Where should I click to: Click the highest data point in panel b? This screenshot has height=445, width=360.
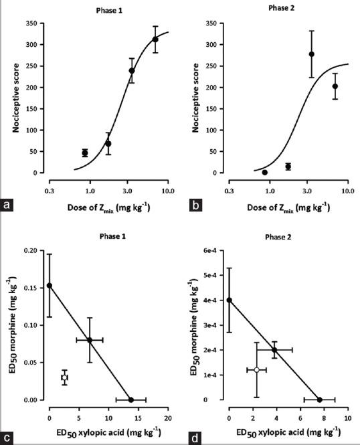pos(311,54)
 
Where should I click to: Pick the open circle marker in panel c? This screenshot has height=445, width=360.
pos(65,377)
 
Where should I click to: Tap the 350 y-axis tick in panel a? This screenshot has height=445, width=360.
pos(27,23)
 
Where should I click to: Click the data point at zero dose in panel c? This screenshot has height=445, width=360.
pos(49,285)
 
